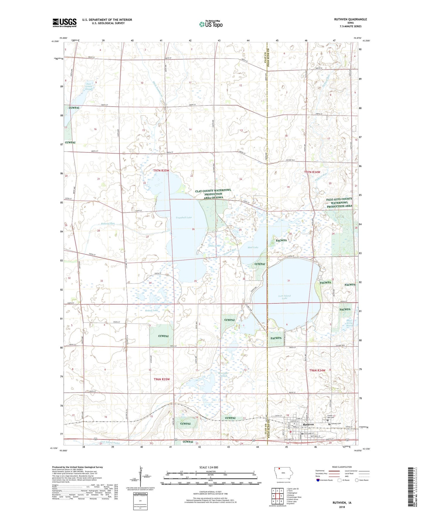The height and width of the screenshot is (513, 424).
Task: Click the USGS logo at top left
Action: pos(65,23)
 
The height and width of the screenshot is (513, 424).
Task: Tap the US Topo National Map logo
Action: pos(211,24)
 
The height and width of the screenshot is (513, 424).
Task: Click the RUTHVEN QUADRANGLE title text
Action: pos(350,19)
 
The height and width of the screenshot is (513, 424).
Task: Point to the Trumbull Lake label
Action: pos(184,217)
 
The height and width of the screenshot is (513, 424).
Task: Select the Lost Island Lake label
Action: pos(284,297)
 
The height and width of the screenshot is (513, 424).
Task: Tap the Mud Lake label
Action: pos(253,247)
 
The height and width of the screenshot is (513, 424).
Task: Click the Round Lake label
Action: pos(151,310)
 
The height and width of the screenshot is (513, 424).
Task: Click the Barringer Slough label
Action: pos(223,375)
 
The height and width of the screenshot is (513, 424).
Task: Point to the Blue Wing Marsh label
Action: pos(349,323)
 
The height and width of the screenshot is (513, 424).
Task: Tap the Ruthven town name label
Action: pos(308,424)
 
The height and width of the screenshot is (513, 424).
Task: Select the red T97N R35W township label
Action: pos(161,170)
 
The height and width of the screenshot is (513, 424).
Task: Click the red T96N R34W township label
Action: pos(317,370)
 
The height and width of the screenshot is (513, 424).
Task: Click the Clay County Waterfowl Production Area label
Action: pos(213,194)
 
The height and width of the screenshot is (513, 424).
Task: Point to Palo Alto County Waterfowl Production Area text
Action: pos(339,202)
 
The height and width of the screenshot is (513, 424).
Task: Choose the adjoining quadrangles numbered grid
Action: pos(277,497)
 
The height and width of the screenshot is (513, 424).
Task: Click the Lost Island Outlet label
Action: pos(110,442)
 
